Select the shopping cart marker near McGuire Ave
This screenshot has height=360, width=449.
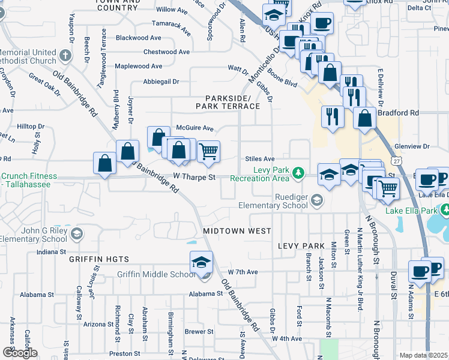(208, 152)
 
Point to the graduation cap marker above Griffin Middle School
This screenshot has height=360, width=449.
(201, 262)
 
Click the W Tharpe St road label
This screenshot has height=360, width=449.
(194, 178)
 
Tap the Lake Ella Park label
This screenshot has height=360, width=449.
(413, 210)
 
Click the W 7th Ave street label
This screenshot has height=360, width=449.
(243, 272)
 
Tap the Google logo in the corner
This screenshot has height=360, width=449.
(20, 353)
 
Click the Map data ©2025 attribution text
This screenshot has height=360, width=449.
(423, 355)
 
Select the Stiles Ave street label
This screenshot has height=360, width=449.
(259, 158)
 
